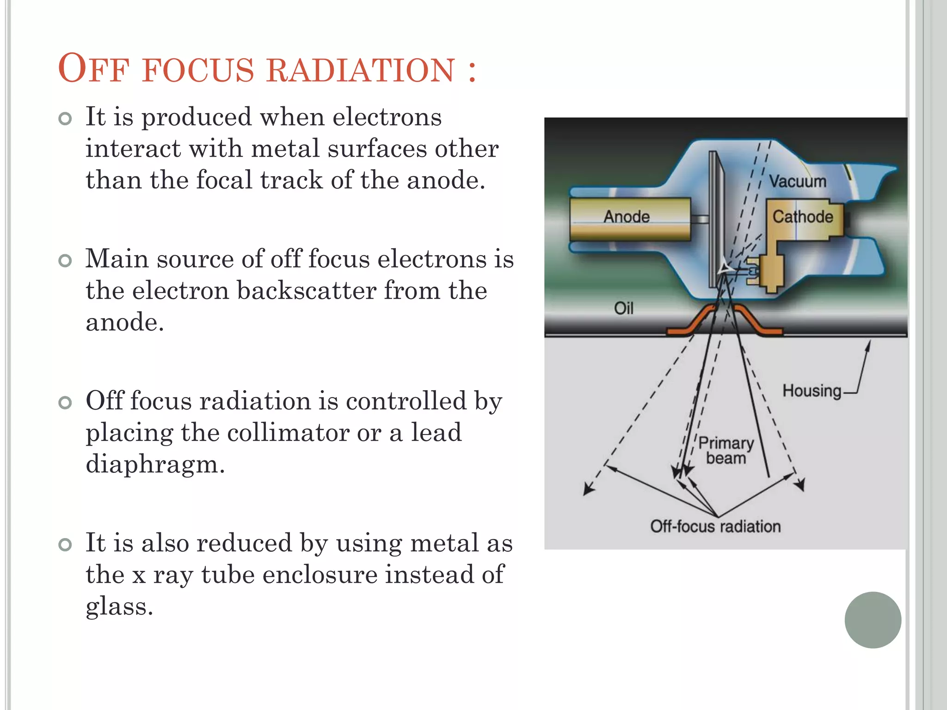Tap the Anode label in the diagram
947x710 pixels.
coord(627,216)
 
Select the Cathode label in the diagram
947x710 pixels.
coord(803,216)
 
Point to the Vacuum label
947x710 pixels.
coord(798,181)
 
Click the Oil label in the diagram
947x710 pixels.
coord(623,308)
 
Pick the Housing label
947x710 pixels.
coord(812,391)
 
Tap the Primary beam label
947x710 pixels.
coord(726,450)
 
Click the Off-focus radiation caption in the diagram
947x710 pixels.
coord(715,526)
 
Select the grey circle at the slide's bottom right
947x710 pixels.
coord(873,620)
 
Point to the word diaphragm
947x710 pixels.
coord(155,464)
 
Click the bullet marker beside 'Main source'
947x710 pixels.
coord(66,261)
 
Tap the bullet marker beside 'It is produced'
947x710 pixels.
coord(66,119)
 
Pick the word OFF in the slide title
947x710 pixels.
coord(92,69)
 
